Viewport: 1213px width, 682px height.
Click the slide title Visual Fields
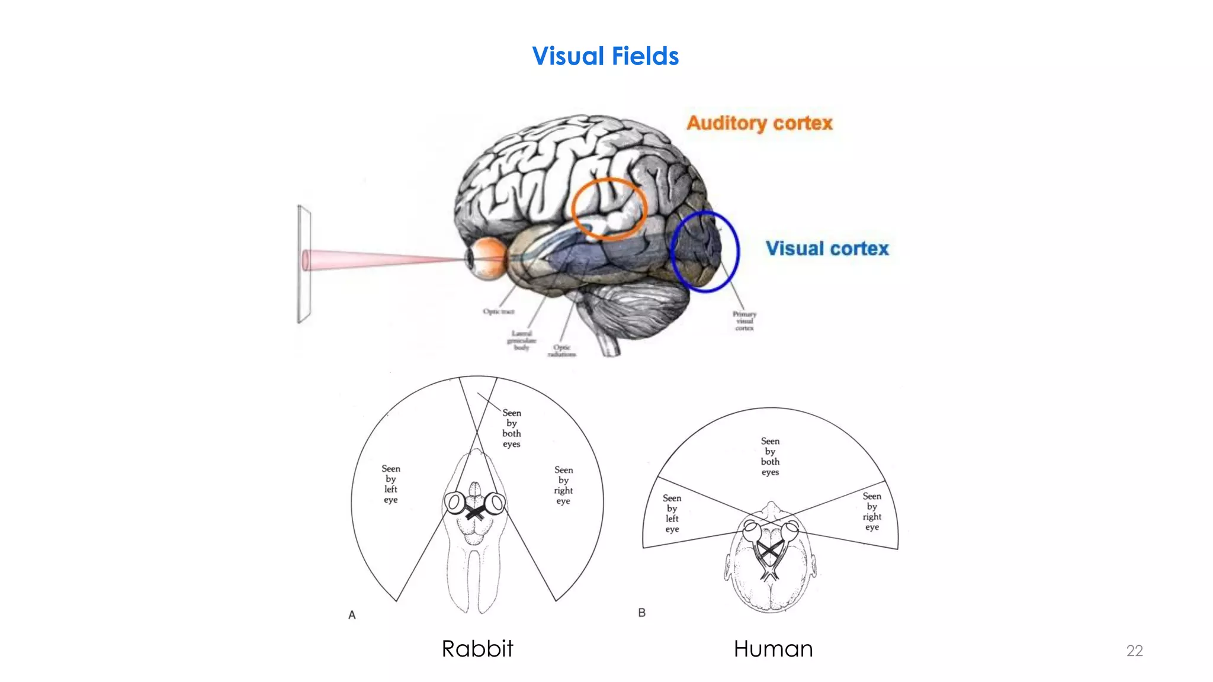605,57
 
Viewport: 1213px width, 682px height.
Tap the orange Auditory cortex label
759,123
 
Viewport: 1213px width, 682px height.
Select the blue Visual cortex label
827,249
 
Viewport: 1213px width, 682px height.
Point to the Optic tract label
498,311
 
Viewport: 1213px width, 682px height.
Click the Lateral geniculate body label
521,340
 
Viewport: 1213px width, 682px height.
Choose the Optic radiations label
561,350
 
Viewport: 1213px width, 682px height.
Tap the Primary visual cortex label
744,321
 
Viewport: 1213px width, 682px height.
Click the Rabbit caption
477,649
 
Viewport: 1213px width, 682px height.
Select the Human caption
773,649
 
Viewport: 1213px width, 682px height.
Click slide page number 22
1134,651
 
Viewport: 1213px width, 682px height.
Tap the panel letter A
352,615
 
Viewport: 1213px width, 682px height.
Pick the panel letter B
641,613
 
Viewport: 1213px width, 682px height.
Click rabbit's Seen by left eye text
390,484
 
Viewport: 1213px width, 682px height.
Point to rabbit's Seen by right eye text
563,485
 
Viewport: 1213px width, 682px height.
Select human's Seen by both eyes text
770,456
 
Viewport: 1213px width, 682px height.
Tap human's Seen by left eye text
672,513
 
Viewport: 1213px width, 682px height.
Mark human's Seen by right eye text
872,511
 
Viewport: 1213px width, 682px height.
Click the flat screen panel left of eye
304,264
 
